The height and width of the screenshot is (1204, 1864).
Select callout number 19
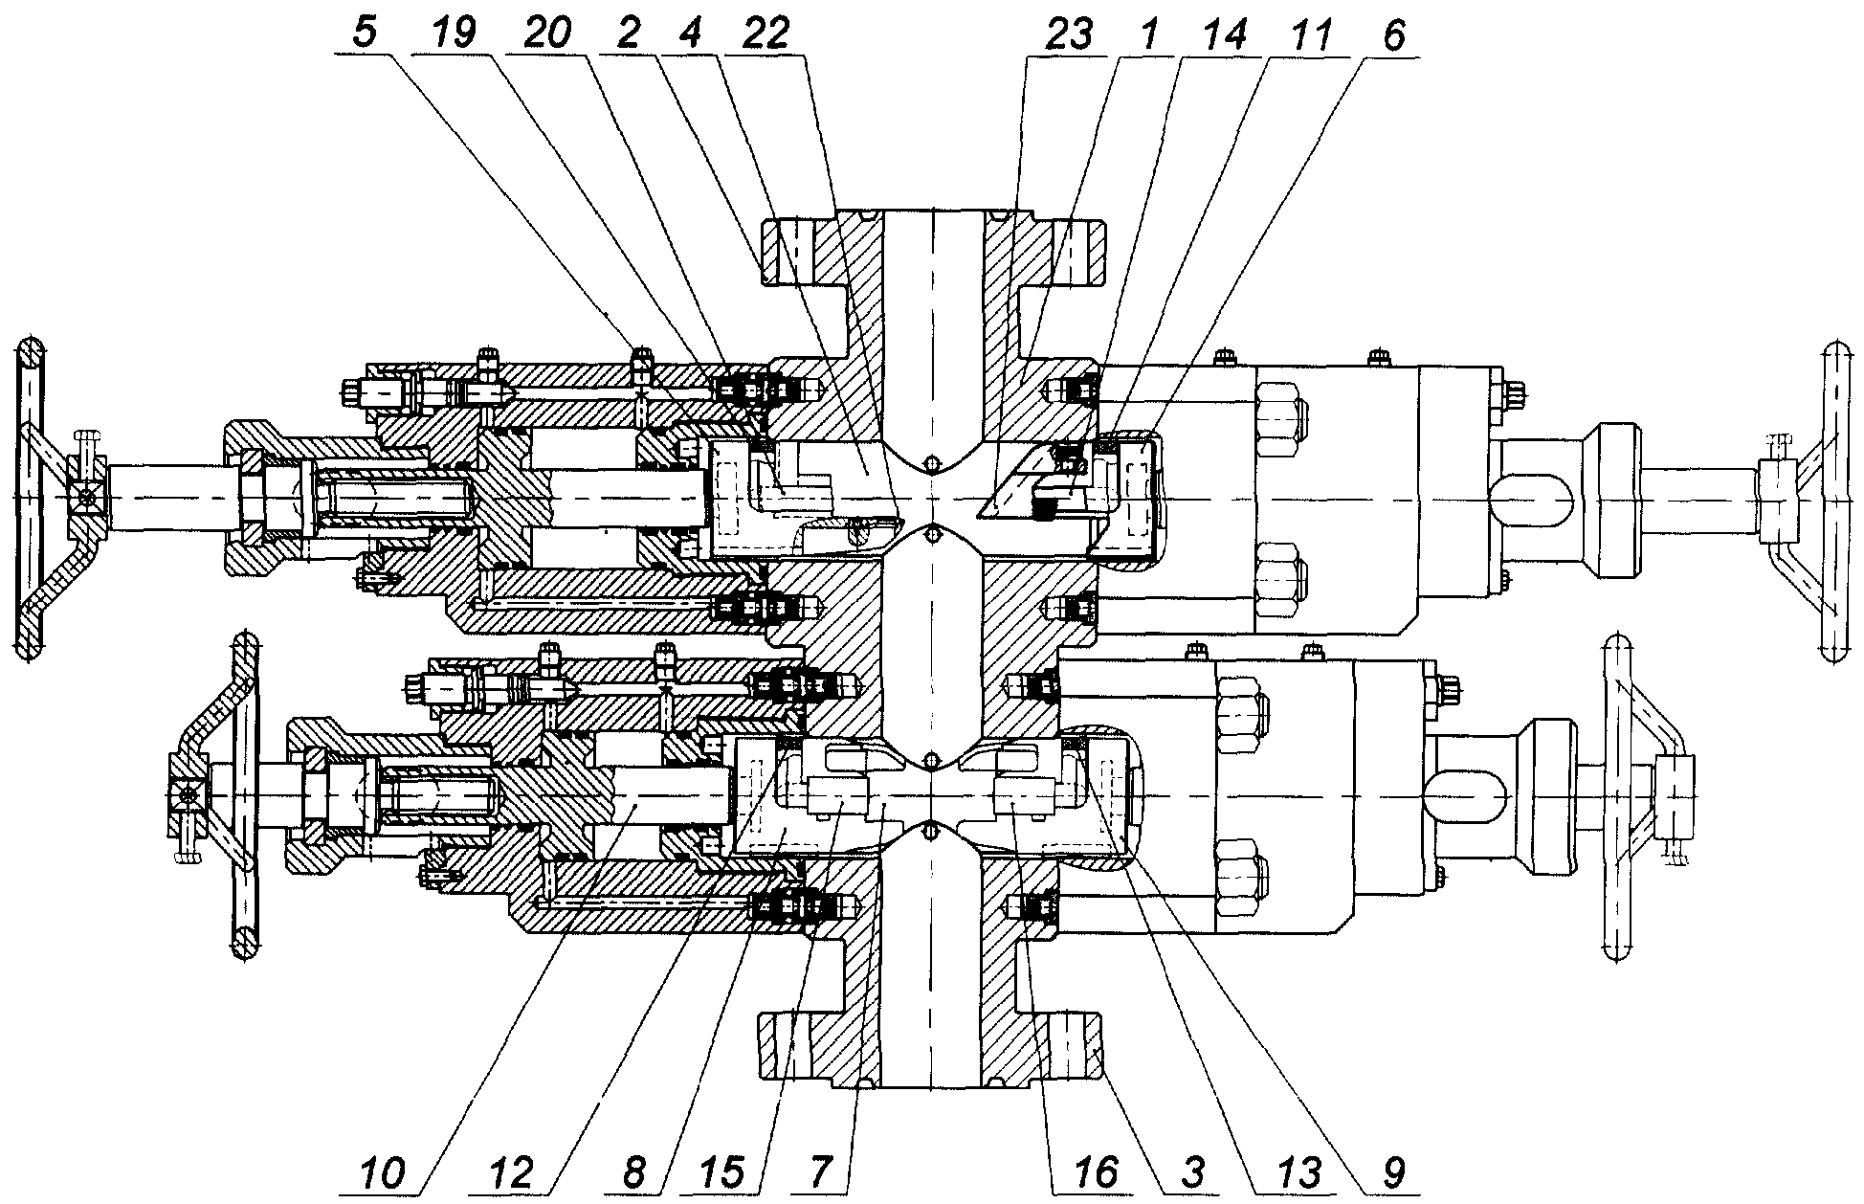(x=454, y=34)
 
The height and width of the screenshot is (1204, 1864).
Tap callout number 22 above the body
(x=763, y=34)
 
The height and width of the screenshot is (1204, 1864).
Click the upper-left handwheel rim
(x=29, y=498)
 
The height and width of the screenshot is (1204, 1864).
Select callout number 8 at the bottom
(x=632, y=1173)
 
